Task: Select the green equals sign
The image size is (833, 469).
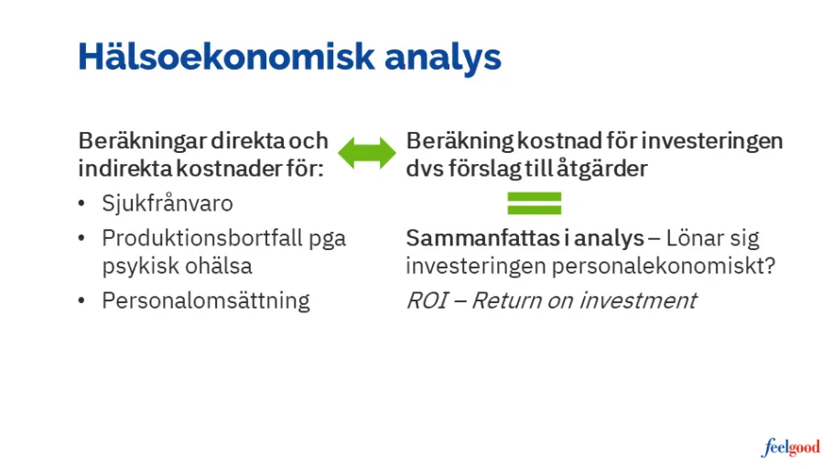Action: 535,202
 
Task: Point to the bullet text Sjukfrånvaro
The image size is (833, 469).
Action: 168,202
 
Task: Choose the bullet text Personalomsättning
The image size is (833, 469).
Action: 206,300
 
